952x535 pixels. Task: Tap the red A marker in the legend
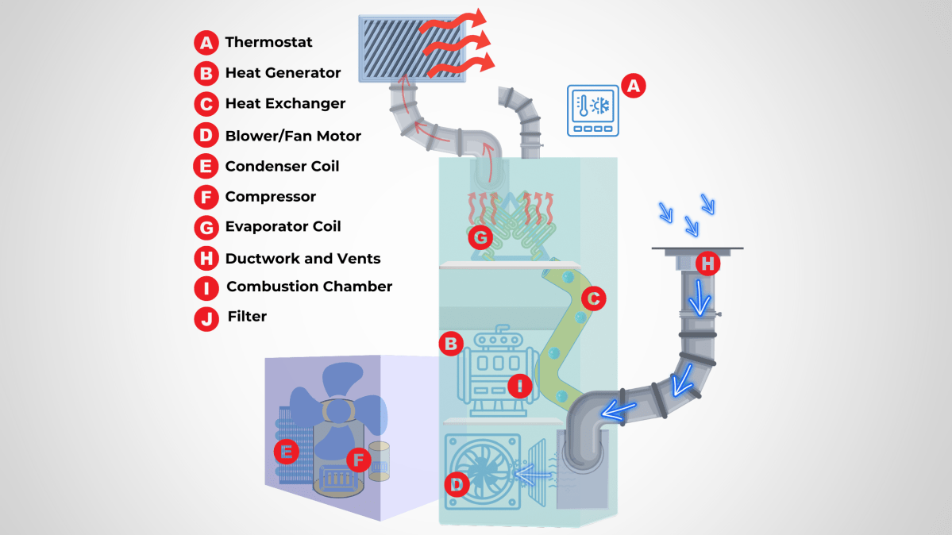tap(206, 42)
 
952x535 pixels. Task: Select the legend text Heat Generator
tap(283, 73)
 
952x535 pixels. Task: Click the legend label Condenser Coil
tap(282, 166)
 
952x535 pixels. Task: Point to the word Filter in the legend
tap(247, 316)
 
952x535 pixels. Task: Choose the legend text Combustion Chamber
tap(309, 287)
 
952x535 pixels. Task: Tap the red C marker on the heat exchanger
tap(593, 298)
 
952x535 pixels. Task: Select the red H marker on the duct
tap(707, 262)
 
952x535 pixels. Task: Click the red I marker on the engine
tap(520, 386)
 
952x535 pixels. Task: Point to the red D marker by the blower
tap(456, 483)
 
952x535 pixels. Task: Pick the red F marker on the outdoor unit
tap(358, 458)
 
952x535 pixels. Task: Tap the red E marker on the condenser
tap(286, 452)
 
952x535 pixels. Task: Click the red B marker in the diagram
tap(450, 343)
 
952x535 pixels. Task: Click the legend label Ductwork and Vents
tap(303, 259)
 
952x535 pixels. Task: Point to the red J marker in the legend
tap(206, 318)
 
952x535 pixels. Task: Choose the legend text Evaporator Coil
tap(283, 227)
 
